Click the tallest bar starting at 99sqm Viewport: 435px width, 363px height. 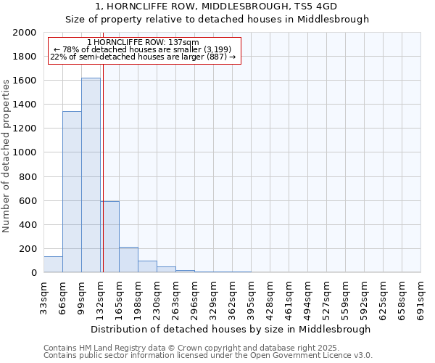point(91,175)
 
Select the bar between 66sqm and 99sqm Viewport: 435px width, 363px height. point(72,192)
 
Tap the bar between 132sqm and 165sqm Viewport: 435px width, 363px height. point(110,237)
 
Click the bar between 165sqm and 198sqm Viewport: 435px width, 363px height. point(128,260)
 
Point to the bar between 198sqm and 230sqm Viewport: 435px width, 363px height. point(147,266)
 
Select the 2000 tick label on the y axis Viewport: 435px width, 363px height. point(25,33)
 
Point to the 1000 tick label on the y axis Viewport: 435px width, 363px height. point(25,152)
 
